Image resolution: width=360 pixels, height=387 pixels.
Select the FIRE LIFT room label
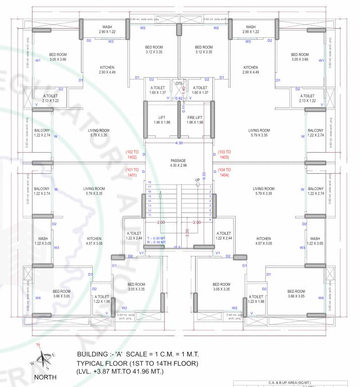coord(195,120)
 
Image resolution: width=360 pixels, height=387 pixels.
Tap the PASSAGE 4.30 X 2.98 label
coord(178,163)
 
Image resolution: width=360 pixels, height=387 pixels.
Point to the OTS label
coord(179,83)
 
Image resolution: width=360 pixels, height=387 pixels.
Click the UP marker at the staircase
coord(198,180)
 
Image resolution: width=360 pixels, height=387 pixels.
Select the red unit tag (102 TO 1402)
coord(135,154)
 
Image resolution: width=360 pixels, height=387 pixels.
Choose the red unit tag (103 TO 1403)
coord(224,154)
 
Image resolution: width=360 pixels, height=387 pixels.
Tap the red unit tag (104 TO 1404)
coord(224,172)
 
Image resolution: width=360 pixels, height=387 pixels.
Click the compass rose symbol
coord(46,358)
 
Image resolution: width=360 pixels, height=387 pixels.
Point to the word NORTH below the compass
coord(45,377)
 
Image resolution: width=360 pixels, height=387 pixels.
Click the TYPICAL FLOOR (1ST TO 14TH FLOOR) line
coord(137,363)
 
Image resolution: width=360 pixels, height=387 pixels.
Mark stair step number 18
coord(149,182)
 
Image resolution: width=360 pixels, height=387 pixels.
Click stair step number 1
coord(210,187)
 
